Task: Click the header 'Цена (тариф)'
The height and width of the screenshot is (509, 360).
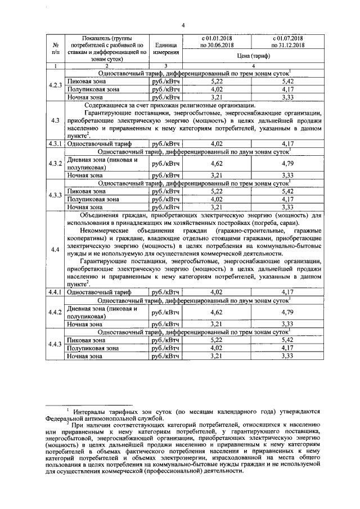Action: point(254,56)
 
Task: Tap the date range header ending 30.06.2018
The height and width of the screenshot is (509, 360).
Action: point(217,41)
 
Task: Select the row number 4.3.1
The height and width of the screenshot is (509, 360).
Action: point(55,144)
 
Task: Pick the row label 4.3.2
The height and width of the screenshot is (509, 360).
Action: point(55,164)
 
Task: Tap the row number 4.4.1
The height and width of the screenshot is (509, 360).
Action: point(55,292)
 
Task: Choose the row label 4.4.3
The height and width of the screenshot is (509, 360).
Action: point(55,344)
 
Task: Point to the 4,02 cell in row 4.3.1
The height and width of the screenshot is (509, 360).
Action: point(217,144)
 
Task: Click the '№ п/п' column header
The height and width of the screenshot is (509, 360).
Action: point(55,48)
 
